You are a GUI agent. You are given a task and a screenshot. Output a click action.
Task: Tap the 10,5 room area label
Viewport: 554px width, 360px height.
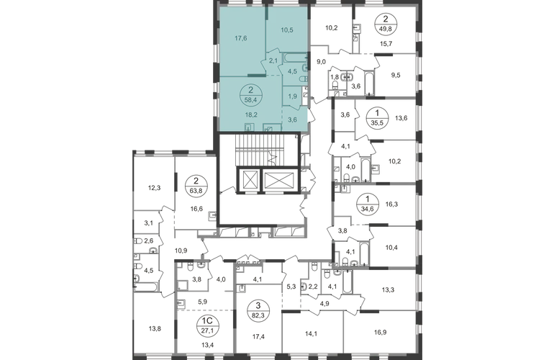pos(288,30)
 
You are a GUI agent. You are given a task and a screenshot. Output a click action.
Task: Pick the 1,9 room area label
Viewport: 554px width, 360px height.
pos(292,95)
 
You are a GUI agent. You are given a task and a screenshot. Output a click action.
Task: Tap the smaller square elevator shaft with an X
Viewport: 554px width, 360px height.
pos(248,179)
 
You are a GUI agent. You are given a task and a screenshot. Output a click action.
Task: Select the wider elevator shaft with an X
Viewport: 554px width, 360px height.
pos(277,179)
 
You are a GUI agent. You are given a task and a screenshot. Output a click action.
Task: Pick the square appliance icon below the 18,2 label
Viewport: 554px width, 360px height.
pos(250,126)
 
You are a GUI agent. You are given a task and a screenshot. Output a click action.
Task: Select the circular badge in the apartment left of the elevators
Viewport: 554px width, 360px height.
pos(194,189)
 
